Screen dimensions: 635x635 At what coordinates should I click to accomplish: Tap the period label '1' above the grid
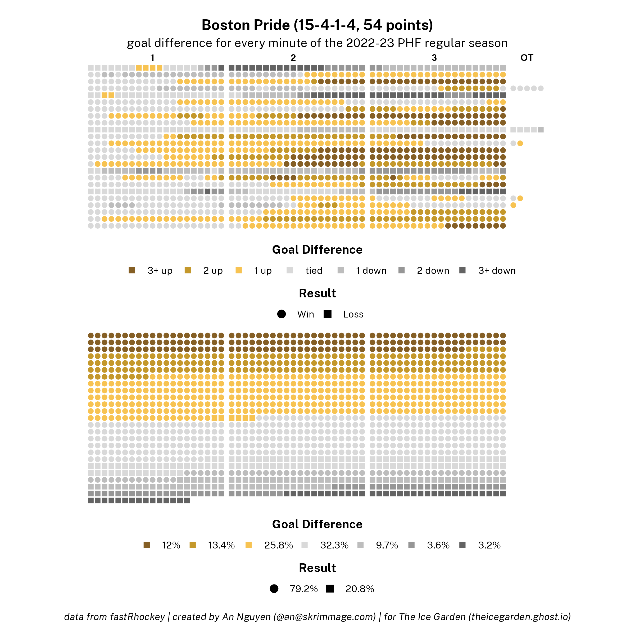click(x=152, y=58)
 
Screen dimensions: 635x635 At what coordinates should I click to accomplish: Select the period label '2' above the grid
click(x=293, y=58)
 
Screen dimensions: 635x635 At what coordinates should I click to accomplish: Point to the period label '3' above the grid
click(x=434, y=58)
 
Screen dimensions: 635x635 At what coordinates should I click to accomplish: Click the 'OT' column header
click(x=527, y=58)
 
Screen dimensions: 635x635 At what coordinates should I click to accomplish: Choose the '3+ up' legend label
click(x=160, y=270)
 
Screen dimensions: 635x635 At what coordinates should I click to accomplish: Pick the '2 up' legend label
click(x=213, y=270)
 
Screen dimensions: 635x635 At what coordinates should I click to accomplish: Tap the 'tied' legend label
click(x=314, y=270)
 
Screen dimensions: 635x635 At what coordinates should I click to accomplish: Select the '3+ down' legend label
click(x=497, y=270)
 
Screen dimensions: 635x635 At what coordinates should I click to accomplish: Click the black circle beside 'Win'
click(x=281, y=314)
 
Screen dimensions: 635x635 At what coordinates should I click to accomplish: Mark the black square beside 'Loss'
click(x=327, y=314)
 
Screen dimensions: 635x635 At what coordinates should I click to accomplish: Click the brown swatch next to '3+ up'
click(x=132, y=270)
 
